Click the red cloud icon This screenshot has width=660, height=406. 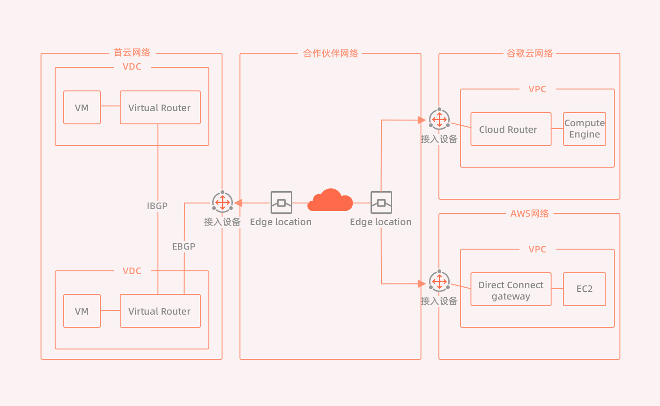330,200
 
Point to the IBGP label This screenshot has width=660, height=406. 157,206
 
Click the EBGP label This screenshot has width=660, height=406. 183,246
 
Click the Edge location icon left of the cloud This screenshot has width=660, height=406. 281,203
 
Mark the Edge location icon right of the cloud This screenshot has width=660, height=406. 381,203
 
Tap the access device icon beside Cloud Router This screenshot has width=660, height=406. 439,119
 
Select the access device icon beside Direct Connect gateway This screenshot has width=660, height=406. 439,281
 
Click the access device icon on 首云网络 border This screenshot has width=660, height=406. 223,202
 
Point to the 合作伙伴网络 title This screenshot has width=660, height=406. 330,53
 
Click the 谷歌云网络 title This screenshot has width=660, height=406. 529,53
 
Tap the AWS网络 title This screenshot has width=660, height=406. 529,213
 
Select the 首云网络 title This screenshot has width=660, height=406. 132,52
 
